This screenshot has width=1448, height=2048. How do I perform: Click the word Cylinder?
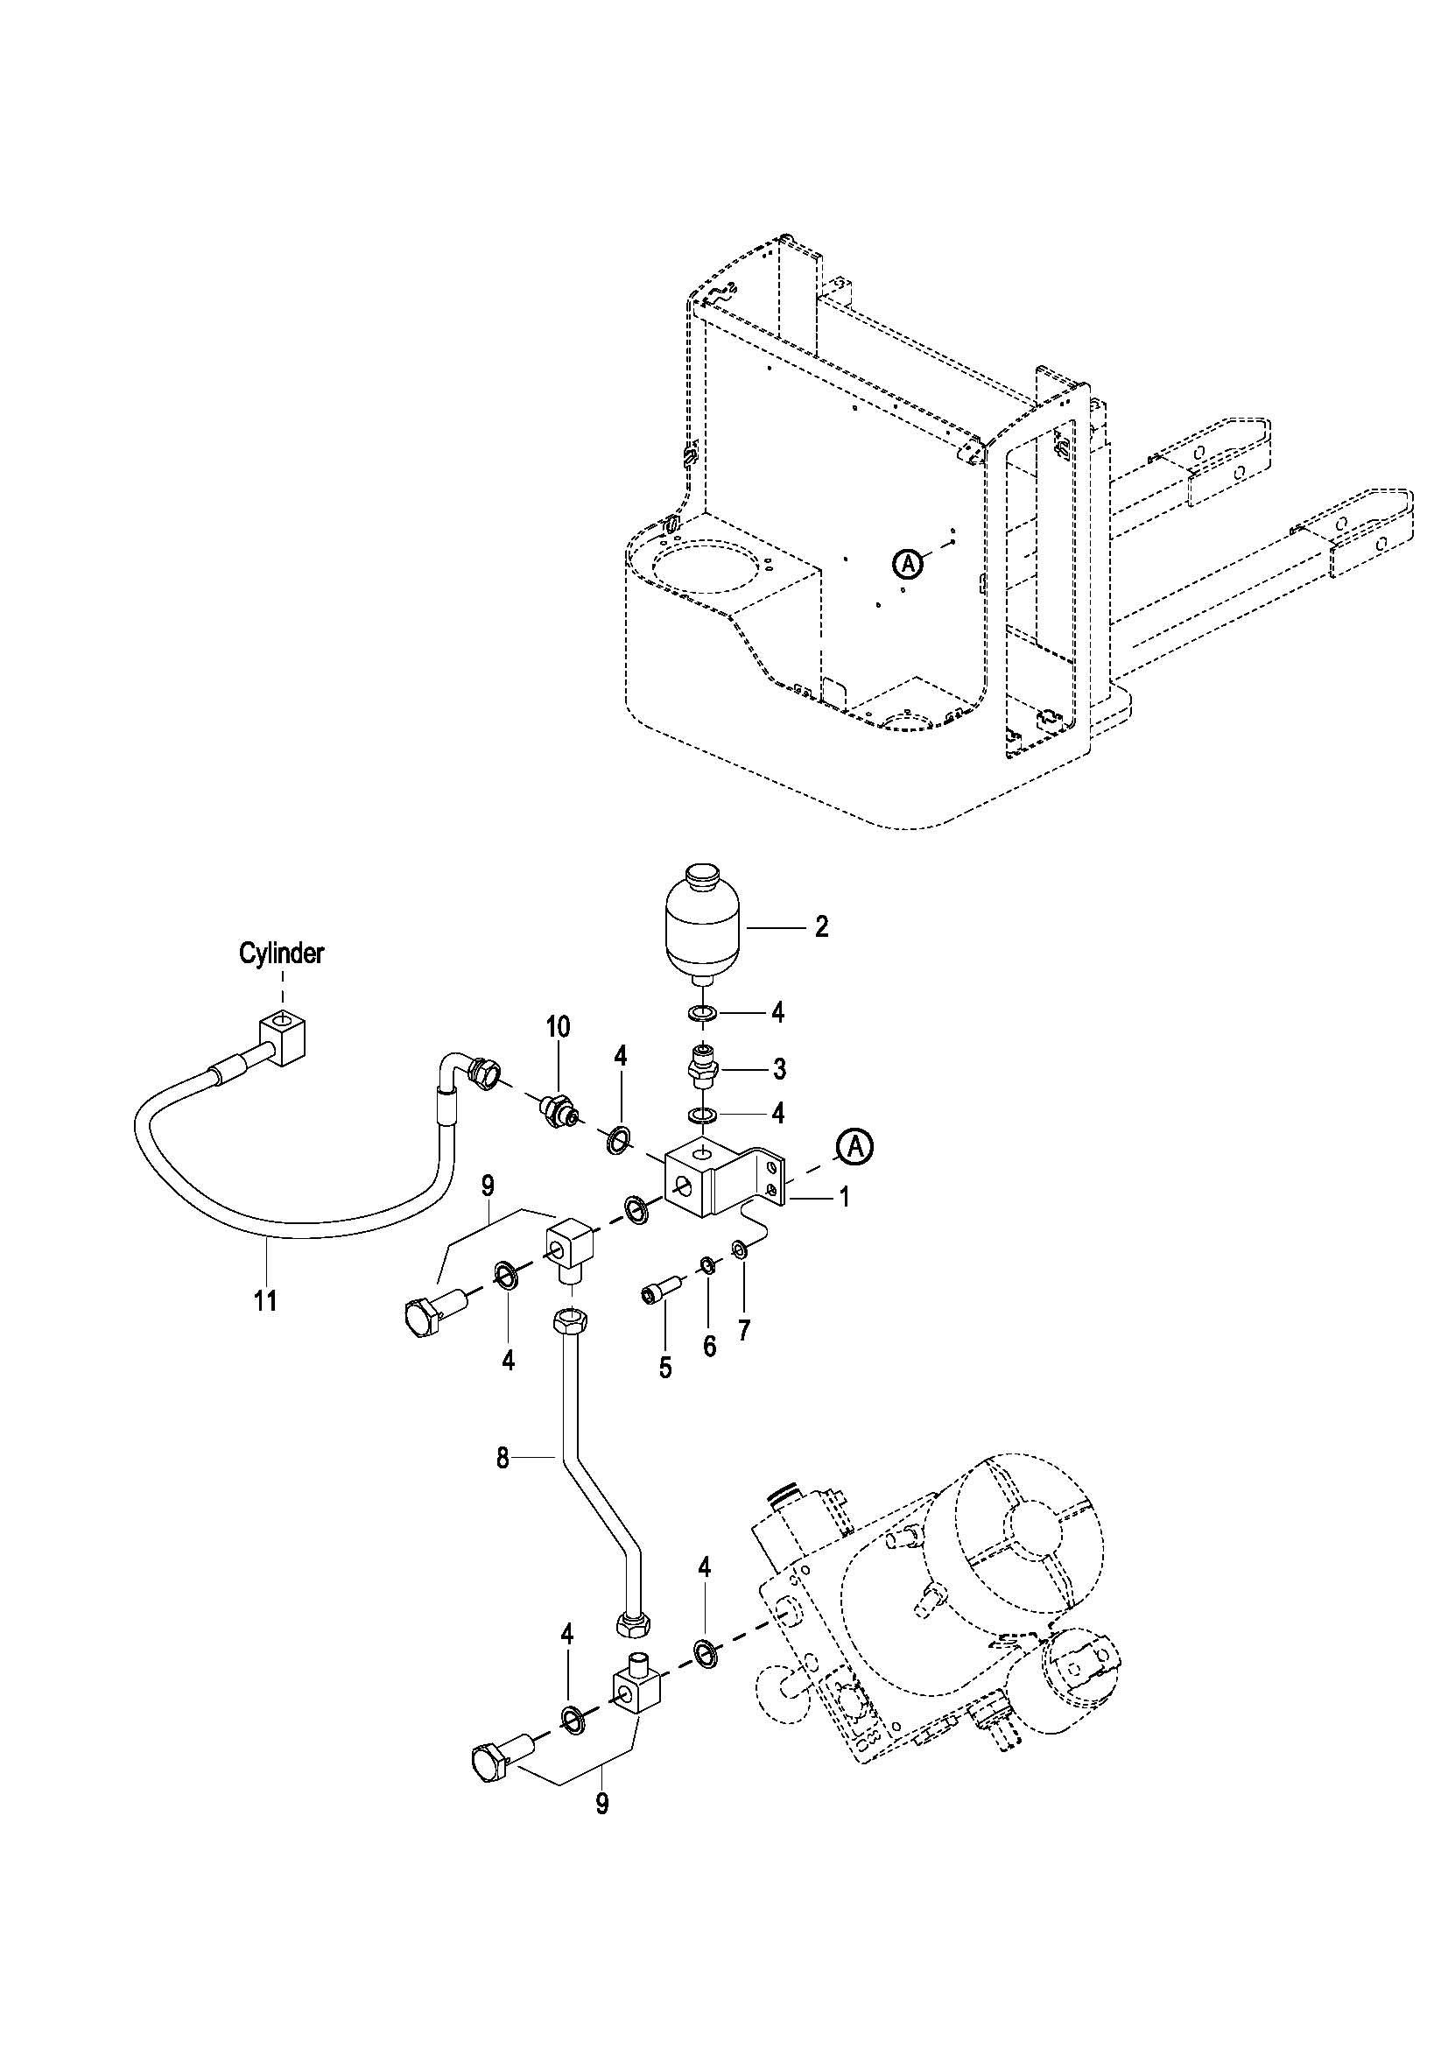click(x=281, y=954)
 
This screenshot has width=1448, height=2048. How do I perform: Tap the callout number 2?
click(x=821, y=926)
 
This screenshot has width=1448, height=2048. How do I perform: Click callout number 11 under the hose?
click(x=264, y=1301)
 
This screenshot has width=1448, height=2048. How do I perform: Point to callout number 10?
click(x=559, y=1027)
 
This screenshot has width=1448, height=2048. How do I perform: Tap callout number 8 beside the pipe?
click(x=503, y=1459)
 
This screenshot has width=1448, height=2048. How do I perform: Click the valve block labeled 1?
click(x=725, y=1177)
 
